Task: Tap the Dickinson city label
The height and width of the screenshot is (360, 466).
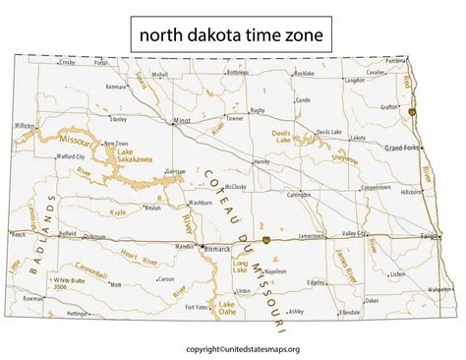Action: coord(94,236)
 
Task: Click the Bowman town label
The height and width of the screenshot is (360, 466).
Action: coord(33,295)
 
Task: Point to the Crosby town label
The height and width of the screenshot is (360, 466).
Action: coord(68,62)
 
